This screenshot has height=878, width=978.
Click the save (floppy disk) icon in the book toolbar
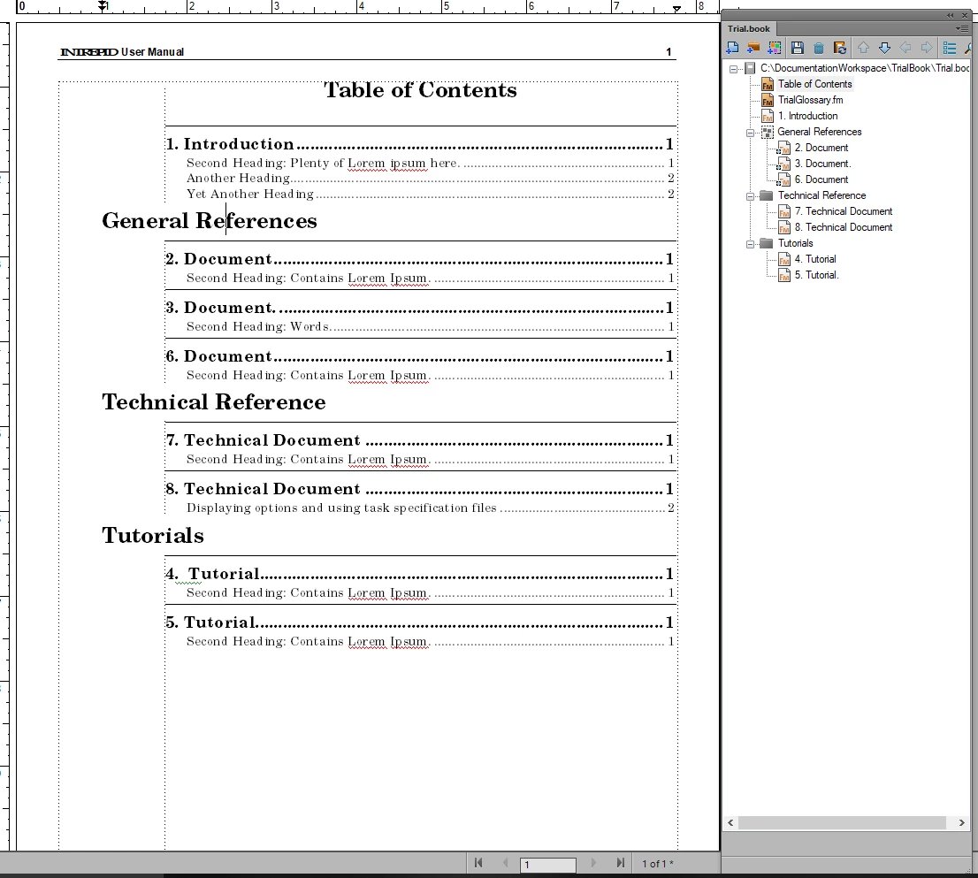(797, 48)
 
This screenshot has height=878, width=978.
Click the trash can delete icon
(818, 48)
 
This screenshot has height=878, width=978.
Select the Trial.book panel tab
(749, 28)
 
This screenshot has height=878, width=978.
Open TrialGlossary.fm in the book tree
(810, 100)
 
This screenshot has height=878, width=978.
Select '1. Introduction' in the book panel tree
(807, 116)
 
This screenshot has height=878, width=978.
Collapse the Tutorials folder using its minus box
(750, 243)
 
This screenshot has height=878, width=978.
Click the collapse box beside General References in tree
(750, 132)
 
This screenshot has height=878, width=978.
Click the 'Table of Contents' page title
(420, 90)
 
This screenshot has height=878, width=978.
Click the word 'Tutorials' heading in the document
(153, 535)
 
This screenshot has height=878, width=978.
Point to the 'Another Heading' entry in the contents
(238, 178)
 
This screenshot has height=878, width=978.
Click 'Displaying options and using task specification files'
(341, 508)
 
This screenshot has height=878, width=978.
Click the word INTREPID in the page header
(88, 52)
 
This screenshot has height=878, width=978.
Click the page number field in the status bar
(547, 864)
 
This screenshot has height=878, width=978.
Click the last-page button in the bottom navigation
(621, 863)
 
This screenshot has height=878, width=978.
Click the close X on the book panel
(965, 15)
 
